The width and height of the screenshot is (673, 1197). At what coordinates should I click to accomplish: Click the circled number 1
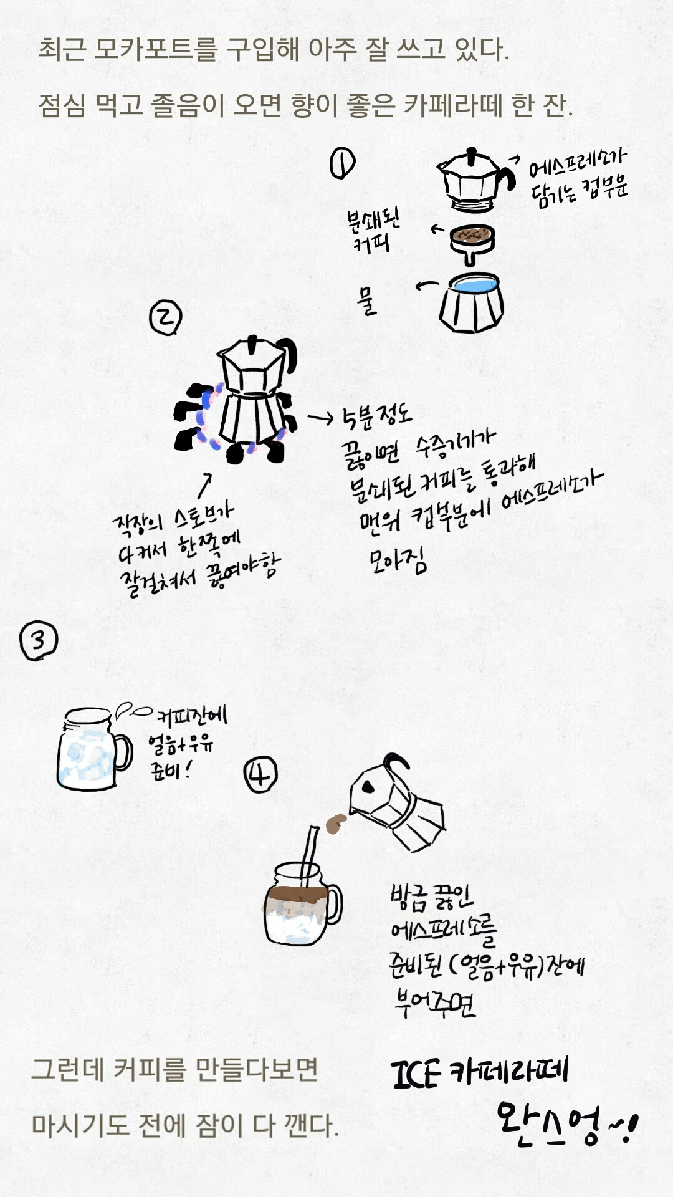point(342,163)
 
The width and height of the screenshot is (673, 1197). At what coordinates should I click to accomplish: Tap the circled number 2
point(165,317)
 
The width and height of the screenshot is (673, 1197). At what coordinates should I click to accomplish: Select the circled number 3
point(39,641)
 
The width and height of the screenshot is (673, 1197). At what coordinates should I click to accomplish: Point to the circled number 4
point(260,775)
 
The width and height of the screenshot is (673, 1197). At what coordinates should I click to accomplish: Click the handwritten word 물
point(368,300)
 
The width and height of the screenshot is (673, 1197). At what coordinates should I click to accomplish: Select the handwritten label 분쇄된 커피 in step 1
point(373,231)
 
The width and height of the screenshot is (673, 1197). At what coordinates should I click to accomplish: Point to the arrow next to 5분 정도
point(321,418)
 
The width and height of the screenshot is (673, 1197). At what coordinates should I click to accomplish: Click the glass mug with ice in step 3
point(93,749)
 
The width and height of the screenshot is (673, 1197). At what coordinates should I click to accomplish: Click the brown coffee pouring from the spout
point(335,824)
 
